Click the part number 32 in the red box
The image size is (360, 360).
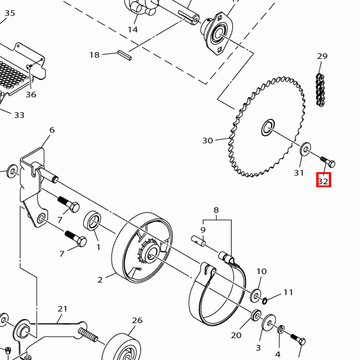(x=323, y=181)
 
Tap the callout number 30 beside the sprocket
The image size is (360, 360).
(x=208, y=140)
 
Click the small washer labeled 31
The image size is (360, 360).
(x=305, y=149)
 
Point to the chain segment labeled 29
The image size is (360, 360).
(x=320, y=90)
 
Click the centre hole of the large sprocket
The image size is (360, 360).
(x=268, y=127)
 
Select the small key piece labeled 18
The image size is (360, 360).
(x=125, y=55)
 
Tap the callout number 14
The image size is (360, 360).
(x=133, y=29)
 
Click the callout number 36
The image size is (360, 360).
(x=31, y=94)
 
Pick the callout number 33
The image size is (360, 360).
(x=19, y=115)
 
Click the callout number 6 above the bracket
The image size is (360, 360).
(x=52, y=130)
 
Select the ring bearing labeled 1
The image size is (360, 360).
(x=92, y=220)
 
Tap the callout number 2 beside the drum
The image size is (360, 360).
(x=100, y=280)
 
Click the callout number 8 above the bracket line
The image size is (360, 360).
(x=216, y=210)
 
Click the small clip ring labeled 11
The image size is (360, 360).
(x=265, y=301)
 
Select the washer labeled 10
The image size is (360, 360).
(x=256, y=296)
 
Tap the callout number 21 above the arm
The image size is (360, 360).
(x=62, y=309)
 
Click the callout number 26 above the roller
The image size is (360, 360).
(x=137, y=320)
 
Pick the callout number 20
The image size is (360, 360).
(x=236, y=335)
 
